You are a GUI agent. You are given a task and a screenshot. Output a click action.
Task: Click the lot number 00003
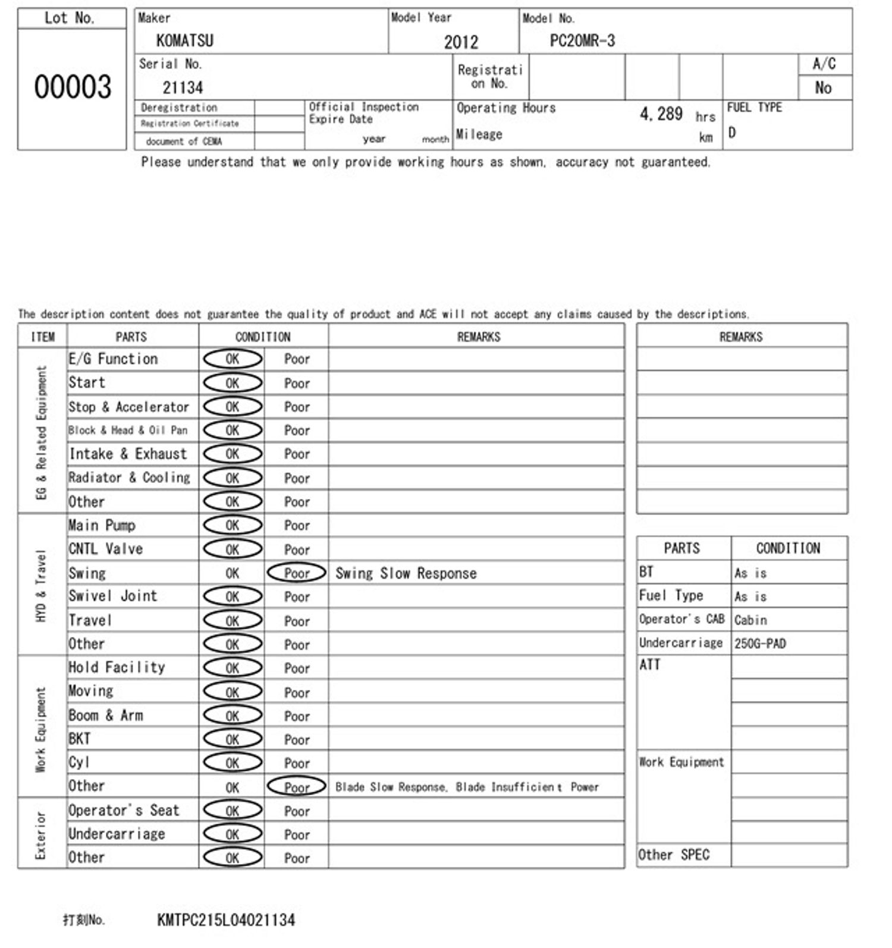pyautogui.click(x=73, y=87)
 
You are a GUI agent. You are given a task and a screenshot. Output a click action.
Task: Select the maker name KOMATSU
pyautogui.click(x=185, y=40)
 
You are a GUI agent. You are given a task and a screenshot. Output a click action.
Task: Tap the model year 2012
pyautogui.click(x=461, y=42)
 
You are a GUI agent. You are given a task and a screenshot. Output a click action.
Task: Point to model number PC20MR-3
pyautogui.click(x=582, y=40)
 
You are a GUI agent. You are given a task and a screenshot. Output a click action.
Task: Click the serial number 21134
pyautogui.click(x=183, y=87)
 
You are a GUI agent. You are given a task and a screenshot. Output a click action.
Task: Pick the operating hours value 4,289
pyautogui.click(x=661, y=114)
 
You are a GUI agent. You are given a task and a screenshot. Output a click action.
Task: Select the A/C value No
pyautogui.click(x=823, y=88)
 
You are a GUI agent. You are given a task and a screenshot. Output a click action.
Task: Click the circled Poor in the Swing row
pyautogui.click(x=297, y=573)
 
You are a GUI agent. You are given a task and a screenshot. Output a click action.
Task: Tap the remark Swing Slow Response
pyautogui.click(x=406, y=573)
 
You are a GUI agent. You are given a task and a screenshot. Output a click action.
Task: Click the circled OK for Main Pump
pyautogui.click(x=233, y=525)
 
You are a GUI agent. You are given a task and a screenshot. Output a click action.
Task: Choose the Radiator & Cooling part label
pyautogui.click(x=130, y=478)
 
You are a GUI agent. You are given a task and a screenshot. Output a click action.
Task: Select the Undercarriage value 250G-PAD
pyautogui.click(x=760, y=643)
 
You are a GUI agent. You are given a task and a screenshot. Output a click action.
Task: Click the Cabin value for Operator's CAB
pyautogui.click(x=750, y=620)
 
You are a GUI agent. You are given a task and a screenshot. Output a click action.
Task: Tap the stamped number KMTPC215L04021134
pyautogui.click(x=226, y=920)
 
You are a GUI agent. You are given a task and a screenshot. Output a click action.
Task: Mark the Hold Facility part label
pyautogui.click(x=117, y=667)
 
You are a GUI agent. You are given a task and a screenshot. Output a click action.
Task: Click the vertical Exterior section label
pyautogui.click(x=40, y=834)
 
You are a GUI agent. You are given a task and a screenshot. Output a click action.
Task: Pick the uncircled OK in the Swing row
pyautogui.click(x=233, y=573)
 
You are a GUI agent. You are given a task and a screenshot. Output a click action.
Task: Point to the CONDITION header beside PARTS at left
pyautogui.click(x=263, y=337)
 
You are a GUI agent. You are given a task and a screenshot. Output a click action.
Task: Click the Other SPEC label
pyautogui.click(x=674, y=855)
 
